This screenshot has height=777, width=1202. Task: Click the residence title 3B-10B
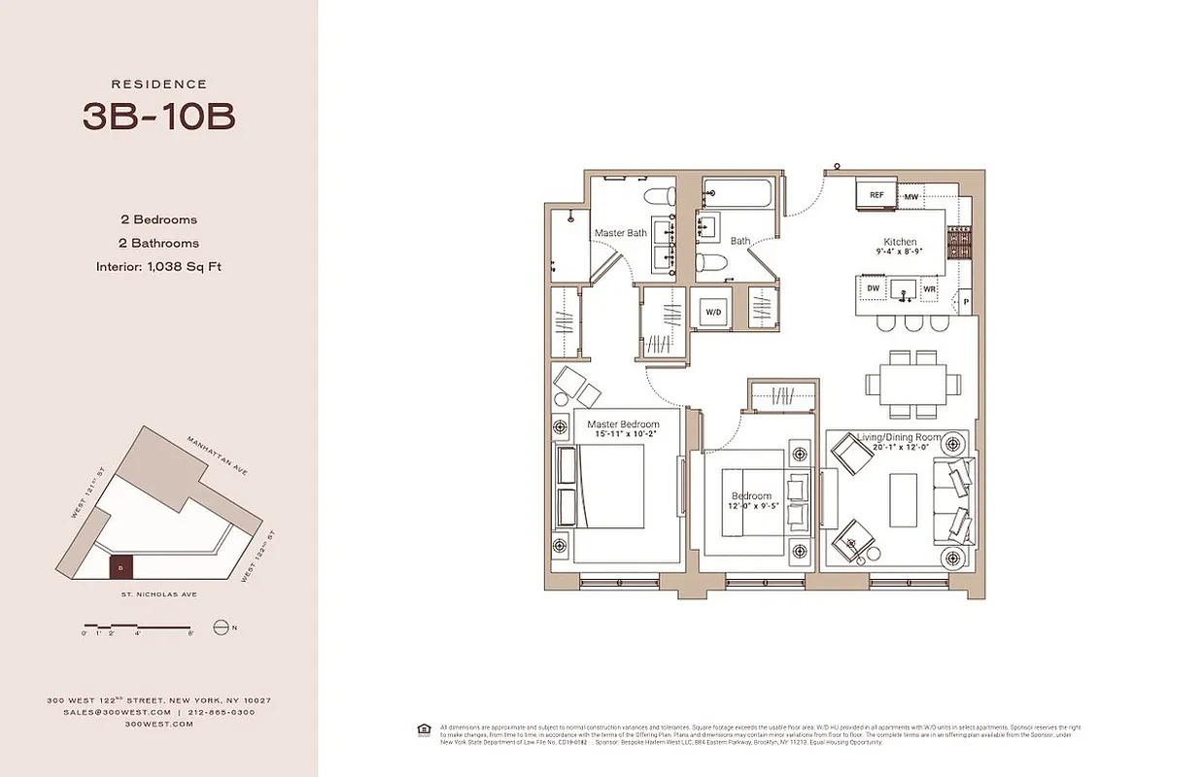(158, 117)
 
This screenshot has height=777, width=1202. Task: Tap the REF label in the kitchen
(876, 195)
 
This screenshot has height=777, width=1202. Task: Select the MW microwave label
(910, 196)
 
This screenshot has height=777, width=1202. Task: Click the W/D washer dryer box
(713, 312)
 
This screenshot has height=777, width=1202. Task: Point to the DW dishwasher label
(873, 288)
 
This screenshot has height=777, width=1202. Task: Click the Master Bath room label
(621, 233)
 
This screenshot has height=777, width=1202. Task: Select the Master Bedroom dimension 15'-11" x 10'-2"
(623, 435)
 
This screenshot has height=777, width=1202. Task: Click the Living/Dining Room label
(899, 438)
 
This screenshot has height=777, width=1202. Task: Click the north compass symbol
(221, 628)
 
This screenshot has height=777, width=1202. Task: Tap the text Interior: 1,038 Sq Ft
(158, 266)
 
